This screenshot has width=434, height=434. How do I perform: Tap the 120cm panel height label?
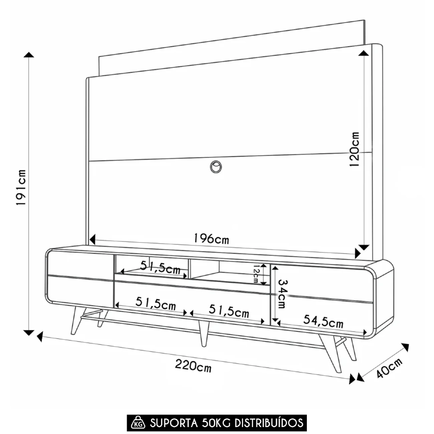tap(355, 149)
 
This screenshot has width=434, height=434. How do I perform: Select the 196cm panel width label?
tap(211, 238)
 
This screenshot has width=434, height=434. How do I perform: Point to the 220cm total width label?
tap(193, 366)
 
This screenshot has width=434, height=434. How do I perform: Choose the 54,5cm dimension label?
tap(323, 322)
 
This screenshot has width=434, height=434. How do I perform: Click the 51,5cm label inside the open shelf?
tap(160, 266)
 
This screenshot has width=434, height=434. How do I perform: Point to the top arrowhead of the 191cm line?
tap(29, 55)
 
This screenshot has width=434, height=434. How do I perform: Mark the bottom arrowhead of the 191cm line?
tap(29, 332)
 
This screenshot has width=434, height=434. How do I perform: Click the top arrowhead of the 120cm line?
tap(364, 53)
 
